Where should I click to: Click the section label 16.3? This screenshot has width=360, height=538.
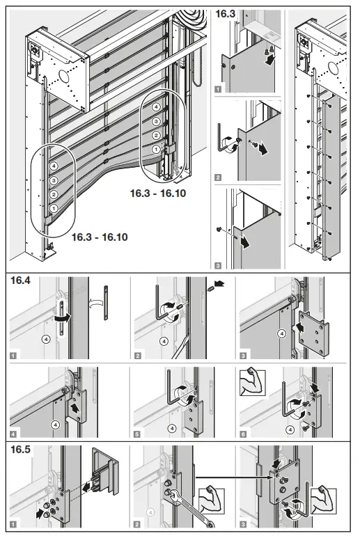tap(226, 13)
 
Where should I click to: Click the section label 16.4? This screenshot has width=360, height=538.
tap(19, 281)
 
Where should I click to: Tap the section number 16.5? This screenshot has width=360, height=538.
tap(19, 450)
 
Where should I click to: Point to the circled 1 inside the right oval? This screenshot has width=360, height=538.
tap(156, 149)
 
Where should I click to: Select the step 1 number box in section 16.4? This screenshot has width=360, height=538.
tap(13, 355)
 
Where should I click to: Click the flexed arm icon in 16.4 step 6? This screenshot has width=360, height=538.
tap(251, 383)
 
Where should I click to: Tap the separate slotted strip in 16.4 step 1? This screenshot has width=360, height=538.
tap(106, 303)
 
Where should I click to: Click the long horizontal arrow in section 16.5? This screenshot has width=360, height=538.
tap(230, 477)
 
